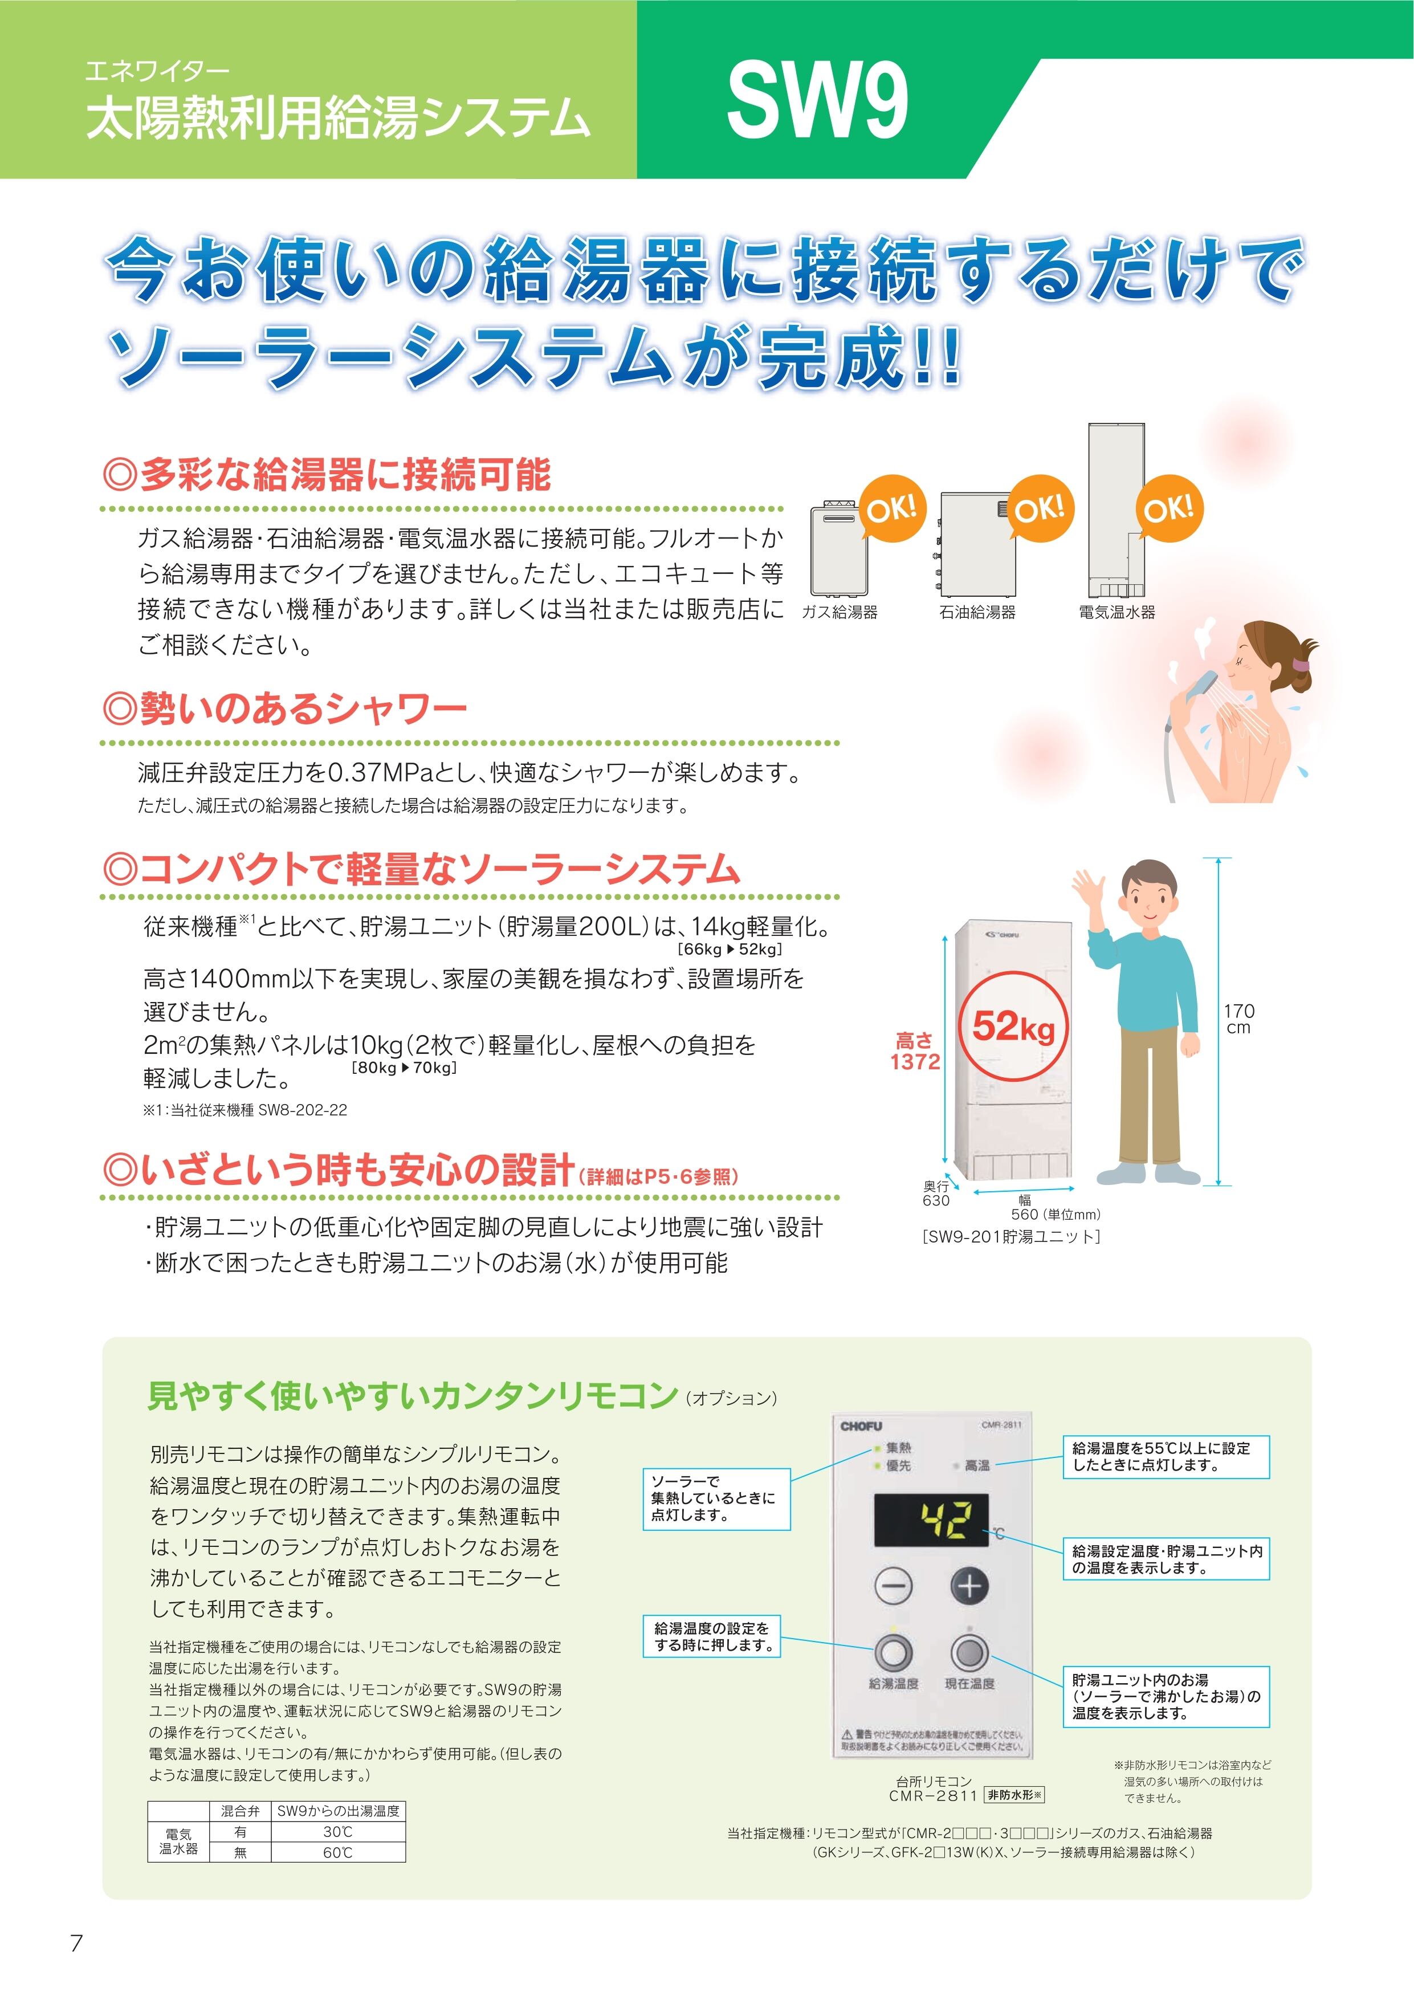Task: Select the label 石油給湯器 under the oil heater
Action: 977,612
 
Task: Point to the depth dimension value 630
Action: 936,1200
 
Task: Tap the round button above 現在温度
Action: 969,1652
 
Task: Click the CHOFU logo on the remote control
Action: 861,1426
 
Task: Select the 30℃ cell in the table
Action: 337,1832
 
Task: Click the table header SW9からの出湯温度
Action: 338,1811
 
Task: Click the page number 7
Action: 77,1942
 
